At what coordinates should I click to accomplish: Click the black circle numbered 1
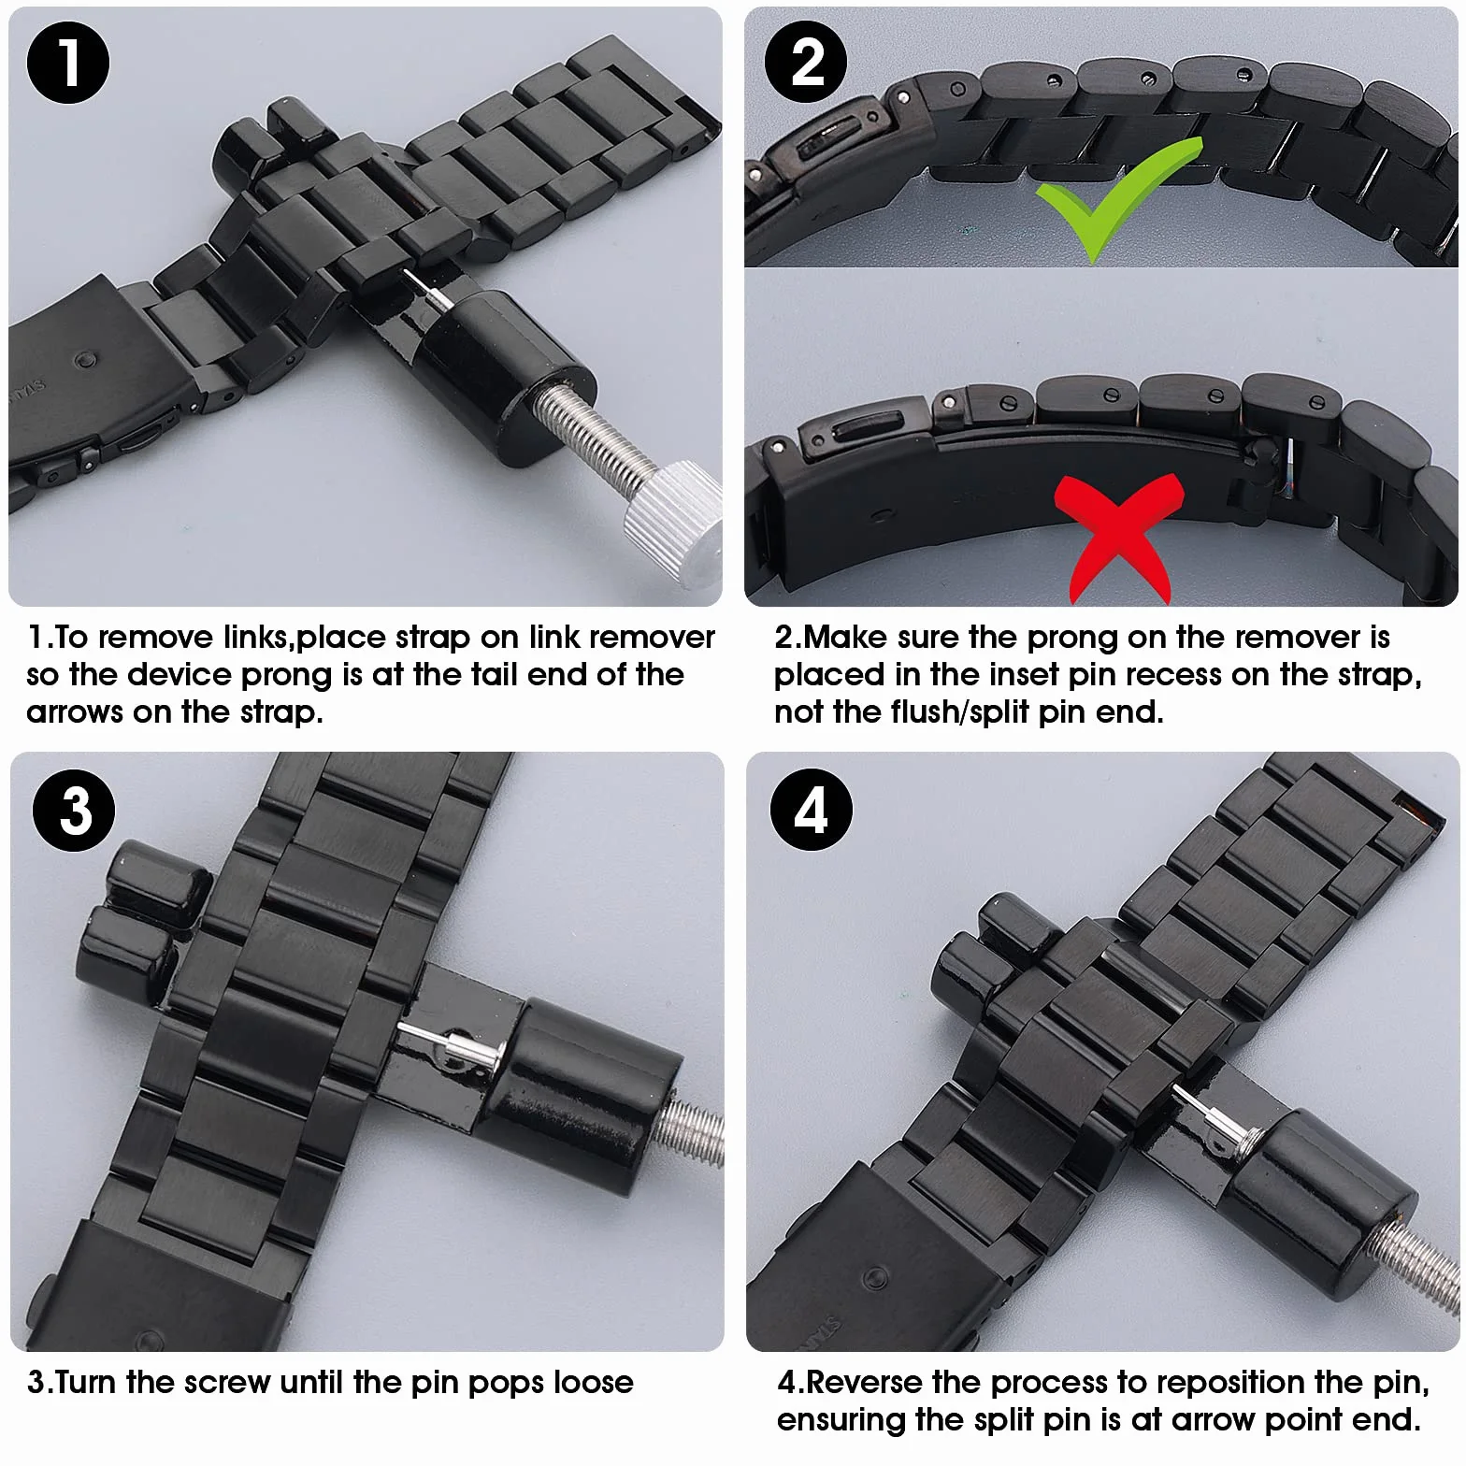click(68, 64)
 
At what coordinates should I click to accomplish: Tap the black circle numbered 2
click(806, 64)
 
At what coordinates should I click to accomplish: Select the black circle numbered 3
click(74, 810)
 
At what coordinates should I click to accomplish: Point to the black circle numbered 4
click(812, 810)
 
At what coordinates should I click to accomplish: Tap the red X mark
click(1118, 537)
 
